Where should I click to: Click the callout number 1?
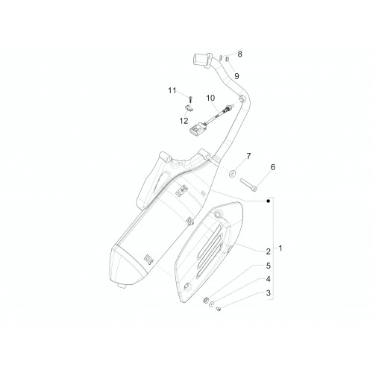point(280,248)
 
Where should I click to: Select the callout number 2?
point(268,251)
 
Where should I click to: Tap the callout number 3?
point(268,293)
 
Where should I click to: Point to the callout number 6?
point(273,167)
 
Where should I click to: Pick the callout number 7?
point(248,156)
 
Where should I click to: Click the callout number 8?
point(239,54)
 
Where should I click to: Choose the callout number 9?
point(236,76)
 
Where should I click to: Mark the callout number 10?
point(210,98)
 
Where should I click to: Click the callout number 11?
point(172,90)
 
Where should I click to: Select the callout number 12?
point(184,121)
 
